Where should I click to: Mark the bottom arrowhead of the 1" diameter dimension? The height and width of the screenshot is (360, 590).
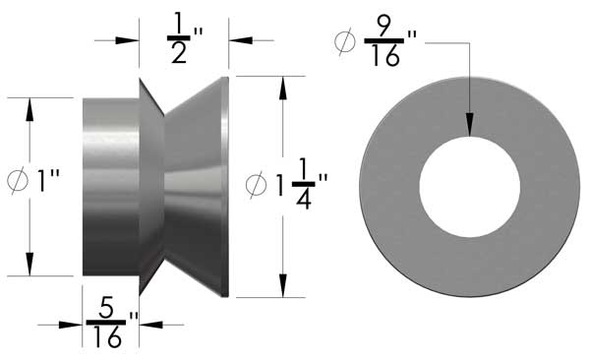coord(30,265)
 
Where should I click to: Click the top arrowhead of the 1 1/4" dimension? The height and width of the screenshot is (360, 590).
coord(283,87)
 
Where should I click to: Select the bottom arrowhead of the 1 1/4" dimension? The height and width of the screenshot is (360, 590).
coord(283,286)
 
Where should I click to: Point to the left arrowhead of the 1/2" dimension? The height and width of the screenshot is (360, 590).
coord(127,40)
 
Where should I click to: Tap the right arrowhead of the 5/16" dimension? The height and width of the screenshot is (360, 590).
coord(149,324)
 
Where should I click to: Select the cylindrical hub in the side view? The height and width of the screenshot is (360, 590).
coord(109,186)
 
